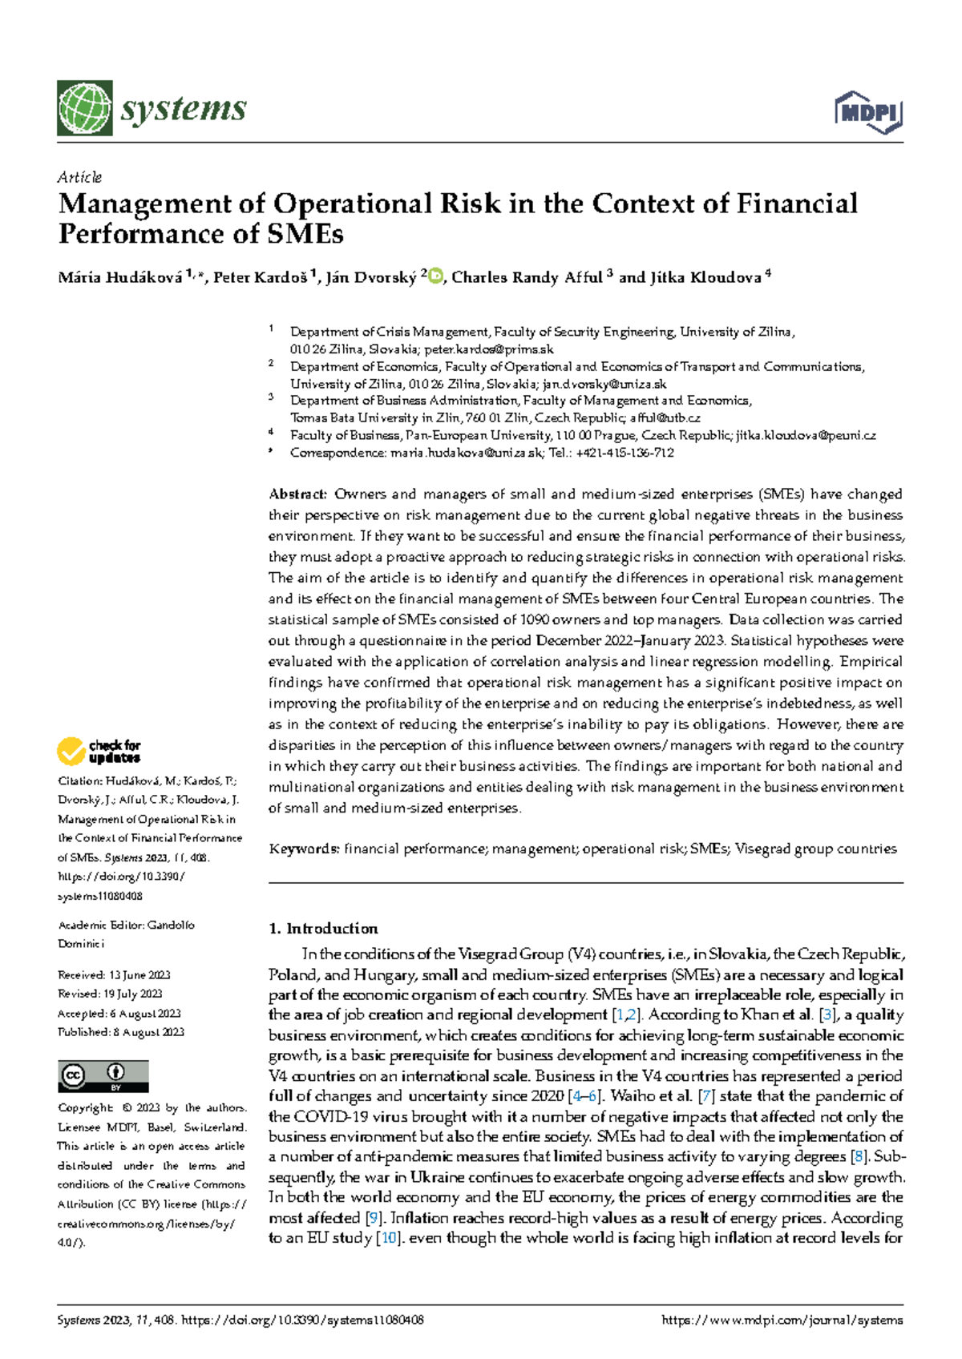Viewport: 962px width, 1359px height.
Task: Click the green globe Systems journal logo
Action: (84, 108)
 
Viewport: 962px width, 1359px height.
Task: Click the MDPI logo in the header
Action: (868, 112)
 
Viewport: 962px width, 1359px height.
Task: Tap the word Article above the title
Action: (79, 177)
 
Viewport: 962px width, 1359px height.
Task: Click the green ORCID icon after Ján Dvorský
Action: (436, 277)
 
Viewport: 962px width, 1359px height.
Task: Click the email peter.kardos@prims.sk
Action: (488, 349)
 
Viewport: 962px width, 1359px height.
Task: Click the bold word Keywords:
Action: (305, 849)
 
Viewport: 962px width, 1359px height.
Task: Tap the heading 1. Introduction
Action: (323, 929)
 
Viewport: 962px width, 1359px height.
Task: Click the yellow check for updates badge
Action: (99, 752)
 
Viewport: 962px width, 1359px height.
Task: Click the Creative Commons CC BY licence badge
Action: (103, 1076)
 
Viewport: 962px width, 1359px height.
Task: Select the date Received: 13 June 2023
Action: (114, 975)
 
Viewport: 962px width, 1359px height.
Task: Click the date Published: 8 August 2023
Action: (120, 1032)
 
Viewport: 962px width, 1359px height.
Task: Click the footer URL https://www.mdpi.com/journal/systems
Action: (782, 1320)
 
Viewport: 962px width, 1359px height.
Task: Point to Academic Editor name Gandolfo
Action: (171, 925)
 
